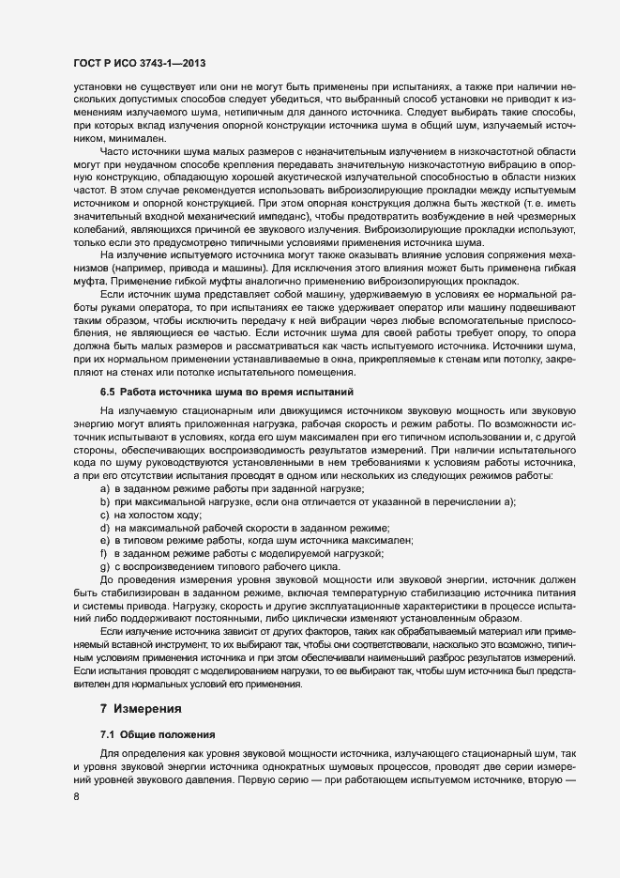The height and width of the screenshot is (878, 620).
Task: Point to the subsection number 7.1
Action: pyautogui.click(x=108, y=734)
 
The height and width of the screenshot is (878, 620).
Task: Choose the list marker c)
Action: pyautogui.click(x=105, y=516)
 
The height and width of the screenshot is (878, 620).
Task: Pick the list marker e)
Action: pyautogui.click(x=105, y=542)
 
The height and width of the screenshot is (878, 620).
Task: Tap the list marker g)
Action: pyautogui.click(x=105, y=568)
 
